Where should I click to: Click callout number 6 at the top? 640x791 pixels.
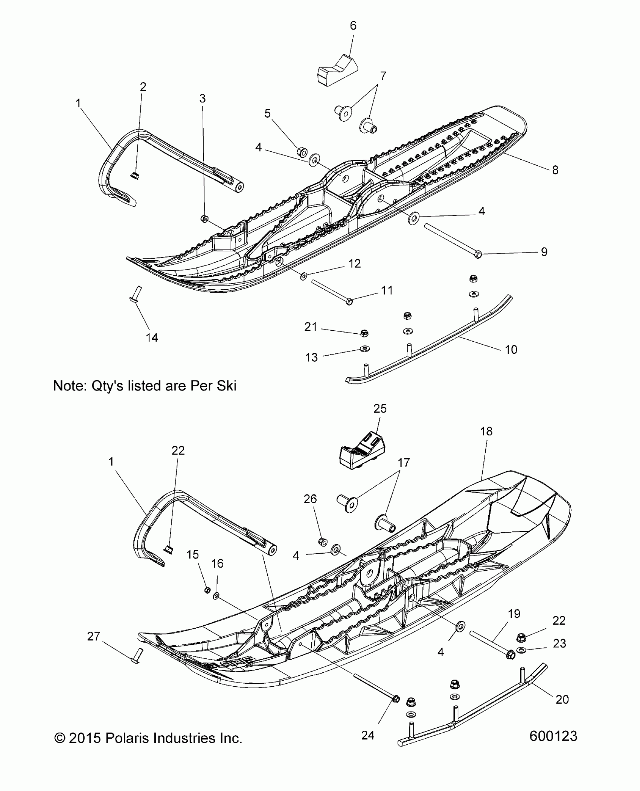(353, 26)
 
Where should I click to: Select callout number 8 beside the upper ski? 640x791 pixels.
(555, 170)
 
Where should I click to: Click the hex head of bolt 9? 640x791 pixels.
(478, 255)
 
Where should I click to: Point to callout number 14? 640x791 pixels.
(152, 337)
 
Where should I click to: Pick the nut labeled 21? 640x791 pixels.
(364, 333)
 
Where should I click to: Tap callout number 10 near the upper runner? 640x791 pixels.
(511, 350)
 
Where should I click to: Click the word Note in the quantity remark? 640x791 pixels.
(70, 386)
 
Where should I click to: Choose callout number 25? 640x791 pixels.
(380, 408)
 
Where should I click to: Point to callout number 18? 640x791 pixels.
(486, 431)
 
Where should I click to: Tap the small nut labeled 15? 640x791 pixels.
(207, 589)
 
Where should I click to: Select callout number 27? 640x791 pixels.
(93, 636)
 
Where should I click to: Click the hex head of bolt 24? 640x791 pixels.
(396, 699)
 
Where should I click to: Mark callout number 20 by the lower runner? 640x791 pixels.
(562, 699)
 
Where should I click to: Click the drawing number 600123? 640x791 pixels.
(553, 736)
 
